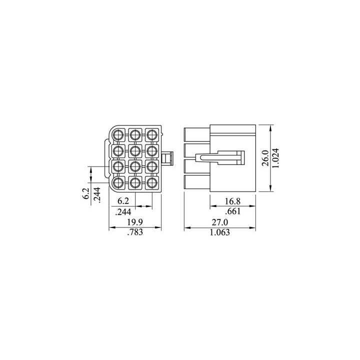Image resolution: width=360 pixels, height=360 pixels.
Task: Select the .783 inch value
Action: [135, 232]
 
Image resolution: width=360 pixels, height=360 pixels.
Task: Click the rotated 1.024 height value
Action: [276, 158]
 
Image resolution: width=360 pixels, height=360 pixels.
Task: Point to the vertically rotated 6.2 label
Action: [85, 193]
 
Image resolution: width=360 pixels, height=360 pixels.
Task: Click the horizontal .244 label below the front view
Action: [122, 211]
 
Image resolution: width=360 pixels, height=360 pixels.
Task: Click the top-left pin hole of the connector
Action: [118, 134]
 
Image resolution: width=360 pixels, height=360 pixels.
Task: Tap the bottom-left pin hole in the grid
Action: [118, 182]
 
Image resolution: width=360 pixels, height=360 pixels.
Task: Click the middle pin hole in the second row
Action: [135, 150]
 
